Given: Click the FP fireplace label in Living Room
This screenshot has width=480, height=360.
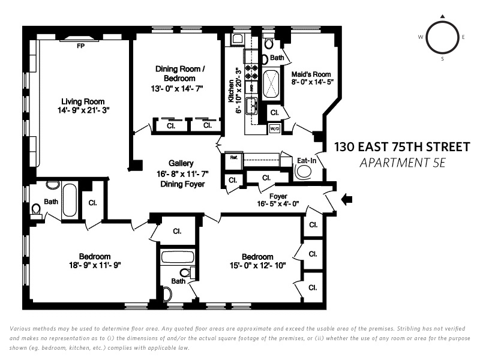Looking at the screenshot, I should coord(80,46).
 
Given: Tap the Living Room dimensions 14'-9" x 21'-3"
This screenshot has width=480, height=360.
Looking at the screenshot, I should coord(80,111).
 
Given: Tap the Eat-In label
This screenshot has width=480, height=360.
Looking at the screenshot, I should coord(307,161).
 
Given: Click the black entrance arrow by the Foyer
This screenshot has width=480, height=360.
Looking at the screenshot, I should coord(347,200).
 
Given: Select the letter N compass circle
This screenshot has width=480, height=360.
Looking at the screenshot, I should coord(442,37).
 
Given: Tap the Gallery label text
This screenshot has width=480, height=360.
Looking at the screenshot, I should coord(181,163).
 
